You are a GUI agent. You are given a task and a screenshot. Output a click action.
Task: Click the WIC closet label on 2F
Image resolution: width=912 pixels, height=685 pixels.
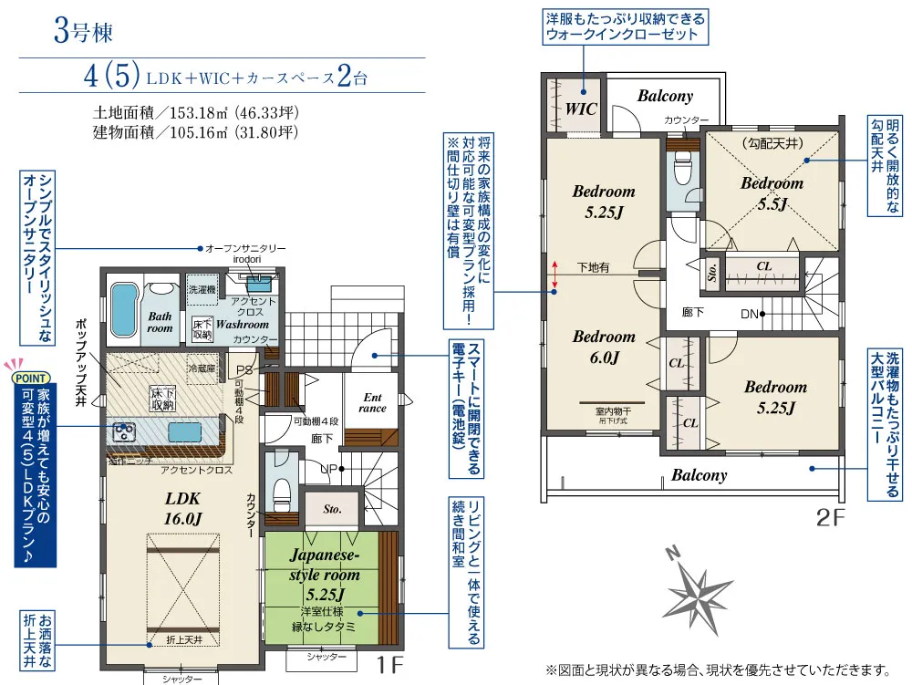pos(581,108)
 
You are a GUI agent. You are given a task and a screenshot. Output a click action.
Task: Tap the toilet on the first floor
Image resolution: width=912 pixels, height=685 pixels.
pos(281,493)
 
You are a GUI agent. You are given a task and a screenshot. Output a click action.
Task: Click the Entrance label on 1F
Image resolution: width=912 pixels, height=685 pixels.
pos(372,403)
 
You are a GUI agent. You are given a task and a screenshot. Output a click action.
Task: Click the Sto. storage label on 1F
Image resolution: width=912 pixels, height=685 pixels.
pos(331,510)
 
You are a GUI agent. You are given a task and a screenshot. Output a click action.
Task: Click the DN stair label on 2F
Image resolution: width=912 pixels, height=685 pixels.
pos(750,315)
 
